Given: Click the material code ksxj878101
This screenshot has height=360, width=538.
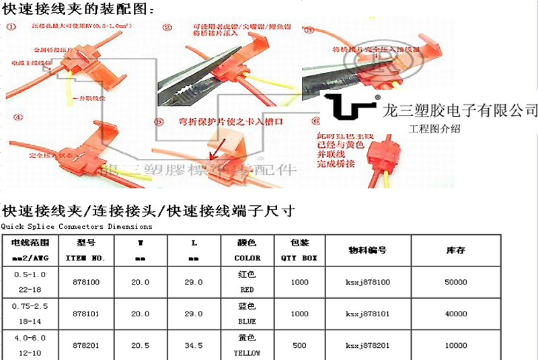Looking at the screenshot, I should coord(367,314).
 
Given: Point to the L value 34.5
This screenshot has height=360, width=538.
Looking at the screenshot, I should coord(194,345).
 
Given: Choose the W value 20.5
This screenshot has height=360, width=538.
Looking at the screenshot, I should coord(140,345).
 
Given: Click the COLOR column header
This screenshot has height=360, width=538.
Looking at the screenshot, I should coord(247,250).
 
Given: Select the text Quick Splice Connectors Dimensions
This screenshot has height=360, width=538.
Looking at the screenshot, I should coord(77,227).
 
